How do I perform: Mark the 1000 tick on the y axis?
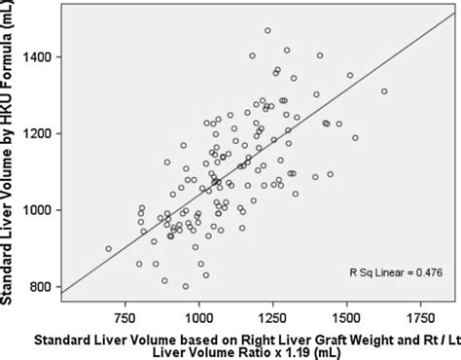pos(41,210)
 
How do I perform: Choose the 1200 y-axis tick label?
pos(41,133)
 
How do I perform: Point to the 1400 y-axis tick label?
pos(41,56)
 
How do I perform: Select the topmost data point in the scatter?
pos(267,31)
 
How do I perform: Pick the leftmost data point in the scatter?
pos(108,248)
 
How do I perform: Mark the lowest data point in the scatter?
pos(186,286)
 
